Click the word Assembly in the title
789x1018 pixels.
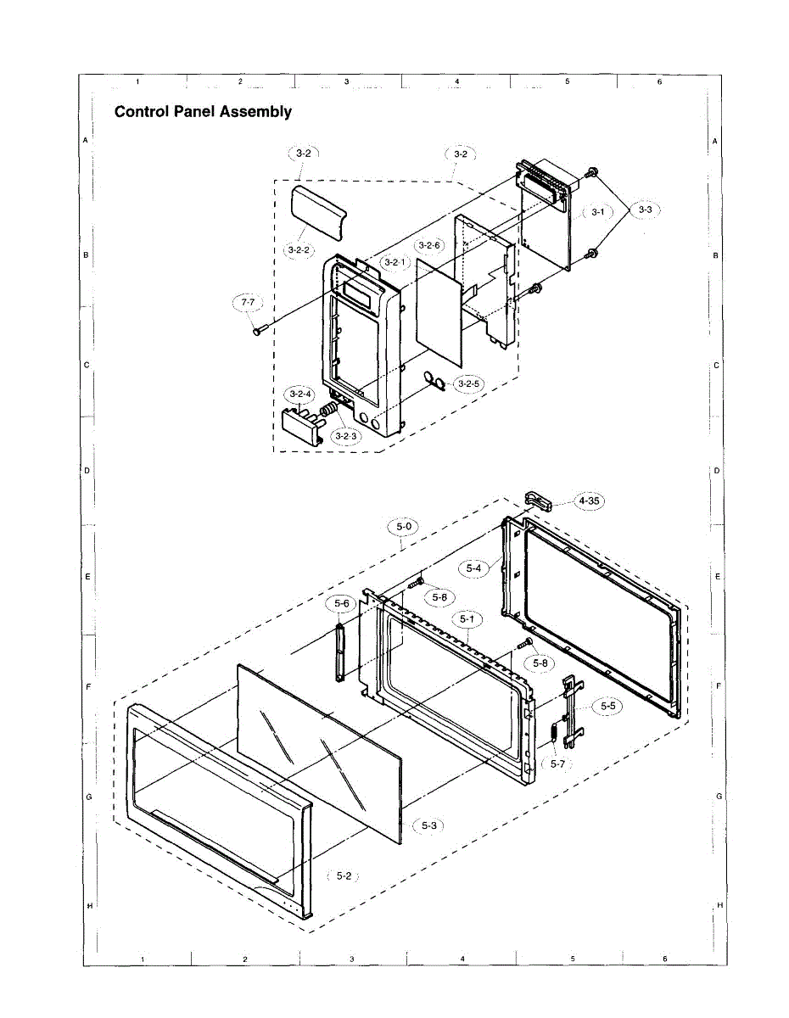pos(255,112)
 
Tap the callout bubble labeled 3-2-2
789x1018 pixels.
pos(300,250)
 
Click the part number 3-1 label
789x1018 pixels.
pos(597,211)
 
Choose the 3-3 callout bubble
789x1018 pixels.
pos(646,209)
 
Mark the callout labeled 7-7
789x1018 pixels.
pos(248,301)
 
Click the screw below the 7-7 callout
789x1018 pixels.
pos(257,330)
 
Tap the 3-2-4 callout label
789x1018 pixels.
pos(300,394)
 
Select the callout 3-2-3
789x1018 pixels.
pos(346,436)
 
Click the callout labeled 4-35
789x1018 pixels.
pos(589,501)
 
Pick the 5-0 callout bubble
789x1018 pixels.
pos(405,527)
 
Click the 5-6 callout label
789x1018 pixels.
pos(342,603)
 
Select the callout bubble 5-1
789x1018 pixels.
pos(467,619)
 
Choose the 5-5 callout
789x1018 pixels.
pos(608,705)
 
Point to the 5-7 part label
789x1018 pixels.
pos(557,764)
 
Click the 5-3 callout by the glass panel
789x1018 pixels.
pos(429,825)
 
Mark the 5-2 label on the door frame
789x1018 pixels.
pos(344,875)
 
